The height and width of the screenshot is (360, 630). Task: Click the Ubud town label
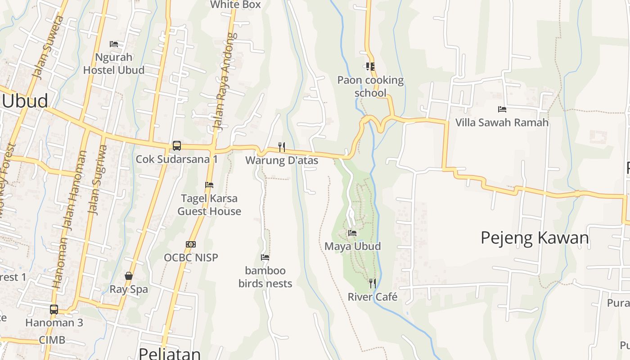click(x=25, y=101)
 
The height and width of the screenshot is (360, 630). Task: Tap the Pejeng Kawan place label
click(x=535, y=238)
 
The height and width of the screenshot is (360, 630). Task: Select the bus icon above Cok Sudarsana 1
click(x=177, y=146)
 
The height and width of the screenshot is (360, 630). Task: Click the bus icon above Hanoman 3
click(x=54, y=310)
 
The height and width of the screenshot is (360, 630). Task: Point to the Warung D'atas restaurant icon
click(x=282, y=147)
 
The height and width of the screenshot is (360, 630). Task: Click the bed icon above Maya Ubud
click(x=352, y=233)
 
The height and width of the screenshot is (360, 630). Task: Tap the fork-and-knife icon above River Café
click(x=373, y=283)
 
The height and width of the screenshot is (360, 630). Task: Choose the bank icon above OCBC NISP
click(x=191, y=244)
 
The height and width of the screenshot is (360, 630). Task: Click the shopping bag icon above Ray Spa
click(x=129, y=276)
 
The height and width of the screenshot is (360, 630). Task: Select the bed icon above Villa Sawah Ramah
click(x=502, y=109)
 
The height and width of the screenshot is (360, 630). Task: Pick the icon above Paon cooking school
click(x=370, y=67)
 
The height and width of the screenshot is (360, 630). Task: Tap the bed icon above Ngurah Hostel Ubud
click(x=114, y=44)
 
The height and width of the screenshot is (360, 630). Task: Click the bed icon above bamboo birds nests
click(x=265, y=257)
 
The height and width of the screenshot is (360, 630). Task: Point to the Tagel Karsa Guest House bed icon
click(x=209, y=185)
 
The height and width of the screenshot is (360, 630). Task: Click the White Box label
click(x=236, y=4)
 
